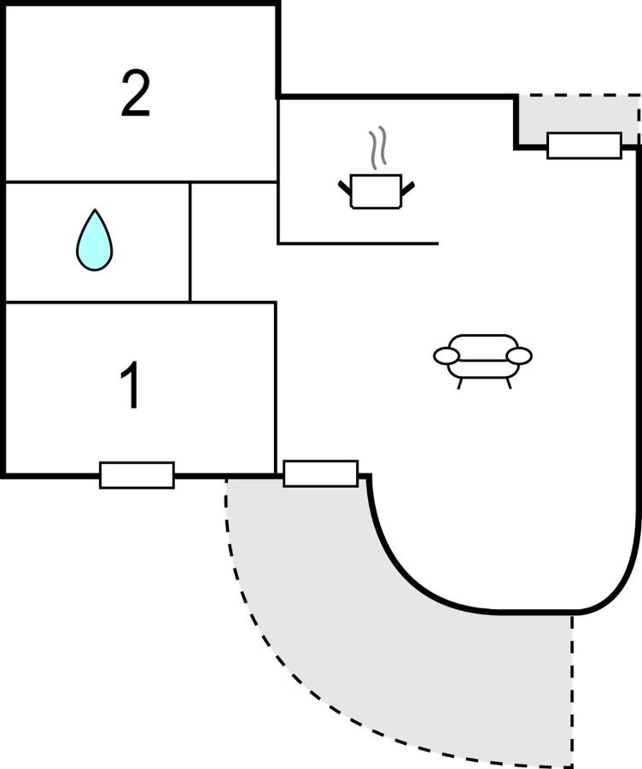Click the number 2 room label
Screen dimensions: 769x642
pos(136,95)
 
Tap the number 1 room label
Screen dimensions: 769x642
pos(131,386)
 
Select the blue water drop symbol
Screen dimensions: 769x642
pos(94,241)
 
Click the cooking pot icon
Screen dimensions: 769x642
pos(376,191)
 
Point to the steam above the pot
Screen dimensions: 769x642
pos(378,147)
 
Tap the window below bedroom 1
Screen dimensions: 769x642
pos(137,475)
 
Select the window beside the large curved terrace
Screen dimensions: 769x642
pos(320,473)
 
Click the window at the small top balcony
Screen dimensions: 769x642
pos(584,145)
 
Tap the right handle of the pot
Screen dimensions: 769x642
pos(408,185)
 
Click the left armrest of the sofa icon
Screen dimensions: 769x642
pos(446,355)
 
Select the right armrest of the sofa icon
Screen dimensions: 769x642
pos(519,355)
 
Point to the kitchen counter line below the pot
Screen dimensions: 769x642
pos(359,244)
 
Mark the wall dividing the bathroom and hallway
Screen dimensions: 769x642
pos(190,241)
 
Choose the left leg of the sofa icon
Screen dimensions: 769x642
pos(460,384)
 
